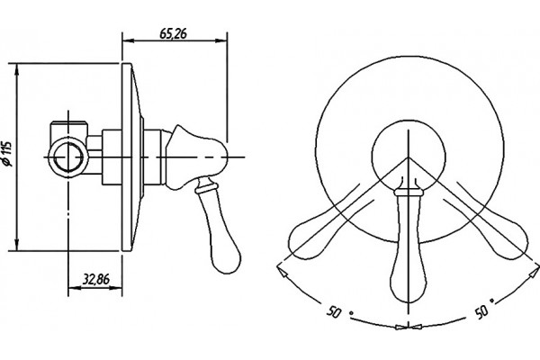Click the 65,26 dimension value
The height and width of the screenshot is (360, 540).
[x=173, y=33]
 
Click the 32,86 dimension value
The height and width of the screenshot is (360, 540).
[x=96, y=279]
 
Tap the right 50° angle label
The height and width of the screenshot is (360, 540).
[x=484, y=308]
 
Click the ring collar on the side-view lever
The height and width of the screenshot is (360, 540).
[x=207, y=188]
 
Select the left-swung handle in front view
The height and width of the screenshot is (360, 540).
[x=329, y=229]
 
